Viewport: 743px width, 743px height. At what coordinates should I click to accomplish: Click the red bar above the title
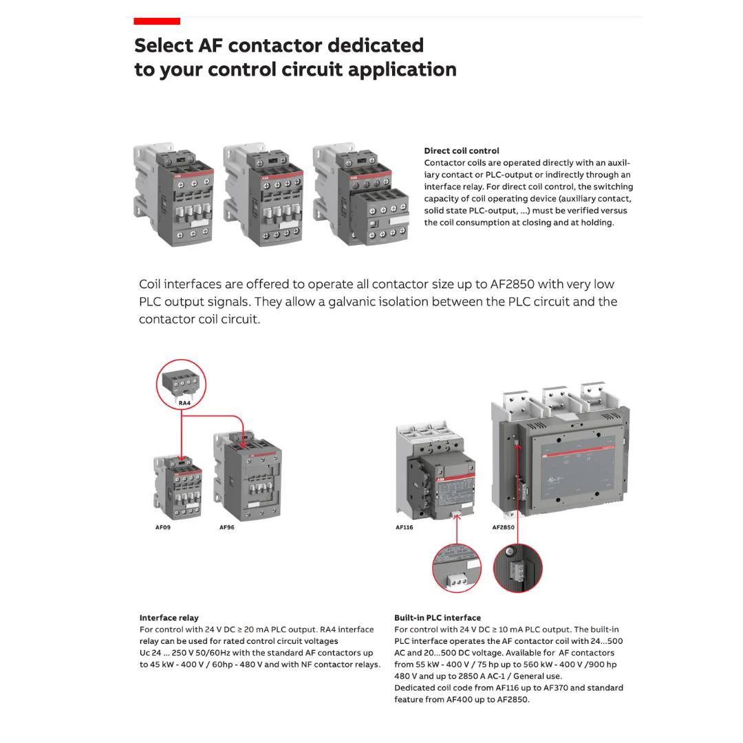click(x=157, y=21)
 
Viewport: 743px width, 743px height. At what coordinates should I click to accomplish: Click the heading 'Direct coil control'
click(x=461, y=151)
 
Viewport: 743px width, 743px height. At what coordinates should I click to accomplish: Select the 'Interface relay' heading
click(x=169, y=618)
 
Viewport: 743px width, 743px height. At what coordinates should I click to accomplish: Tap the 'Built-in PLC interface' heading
click(x=437, y=618)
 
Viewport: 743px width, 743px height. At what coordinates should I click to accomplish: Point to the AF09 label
click(x=162, y=528)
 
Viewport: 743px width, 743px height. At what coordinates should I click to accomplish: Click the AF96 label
click(x=226, y=528)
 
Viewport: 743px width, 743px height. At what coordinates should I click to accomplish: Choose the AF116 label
click(x=404, y=528)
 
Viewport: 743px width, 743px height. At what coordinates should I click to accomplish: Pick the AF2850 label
click(x=503, y=528)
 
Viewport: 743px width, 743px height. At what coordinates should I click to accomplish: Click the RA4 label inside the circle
click(x=184, y=403)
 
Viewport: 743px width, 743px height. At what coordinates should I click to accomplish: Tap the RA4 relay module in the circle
click(x=180, y=381)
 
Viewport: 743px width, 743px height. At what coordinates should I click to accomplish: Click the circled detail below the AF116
click(x=456, y=568)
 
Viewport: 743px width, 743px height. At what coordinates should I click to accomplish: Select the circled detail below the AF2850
click(x=518, y=568)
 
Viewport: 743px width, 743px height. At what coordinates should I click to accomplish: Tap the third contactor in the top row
click(x=360, y=195)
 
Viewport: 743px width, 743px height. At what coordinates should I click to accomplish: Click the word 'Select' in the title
click(x=163, y=45)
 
